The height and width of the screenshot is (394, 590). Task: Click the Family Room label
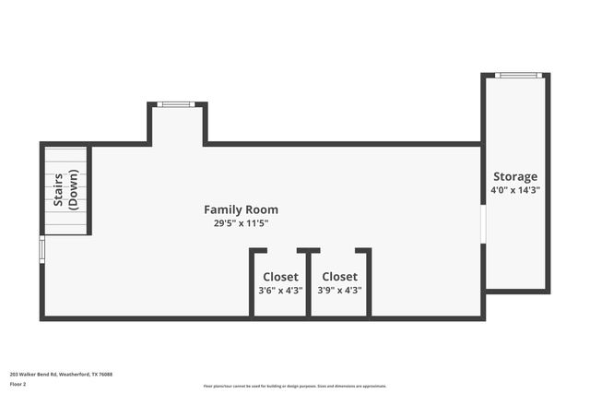241,209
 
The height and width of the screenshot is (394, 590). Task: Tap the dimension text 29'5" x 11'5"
241,223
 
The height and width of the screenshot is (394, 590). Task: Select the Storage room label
514,176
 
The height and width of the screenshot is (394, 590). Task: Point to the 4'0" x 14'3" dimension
514,190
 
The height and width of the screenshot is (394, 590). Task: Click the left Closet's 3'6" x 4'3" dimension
280,290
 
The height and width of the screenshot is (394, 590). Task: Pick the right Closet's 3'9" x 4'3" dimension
339,290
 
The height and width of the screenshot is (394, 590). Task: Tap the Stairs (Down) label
65,190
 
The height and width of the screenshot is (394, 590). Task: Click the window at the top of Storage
518,75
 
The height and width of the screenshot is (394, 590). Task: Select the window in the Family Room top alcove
175,104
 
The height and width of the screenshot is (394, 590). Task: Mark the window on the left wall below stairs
41,249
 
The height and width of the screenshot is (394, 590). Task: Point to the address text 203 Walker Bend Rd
61,374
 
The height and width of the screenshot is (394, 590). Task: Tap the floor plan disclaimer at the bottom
295,386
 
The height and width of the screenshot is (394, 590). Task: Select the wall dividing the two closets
309,282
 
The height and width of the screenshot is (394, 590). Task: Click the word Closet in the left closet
280,276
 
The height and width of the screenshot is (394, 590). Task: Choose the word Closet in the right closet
339,276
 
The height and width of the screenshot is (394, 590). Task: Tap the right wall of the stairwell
89,190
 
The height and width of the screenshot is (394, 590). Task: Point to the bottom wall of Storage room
516,292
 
